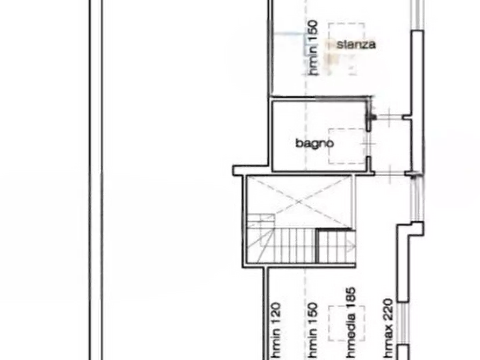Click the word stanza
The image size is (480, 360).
(356, 45)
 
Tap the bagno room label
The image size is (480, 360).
(314, 143)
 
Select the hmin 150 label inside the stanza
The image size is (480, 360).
(313, 48)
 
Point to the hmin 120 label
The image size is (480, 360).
(276, 331)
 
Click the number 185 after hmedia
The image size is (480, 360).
(351, 296)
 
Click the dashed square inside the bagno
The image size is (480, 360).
(347, 146)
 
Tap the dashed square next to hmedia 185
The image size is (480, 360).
(347, 323)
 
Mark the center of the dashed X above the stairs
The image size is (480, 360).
(299, 202)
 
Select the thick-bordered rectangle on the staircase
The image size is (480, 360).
(335, 246)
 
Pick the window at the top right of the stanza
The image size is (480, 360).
(417, 15)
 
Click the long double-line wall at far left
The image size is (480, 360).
(96, 180)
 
